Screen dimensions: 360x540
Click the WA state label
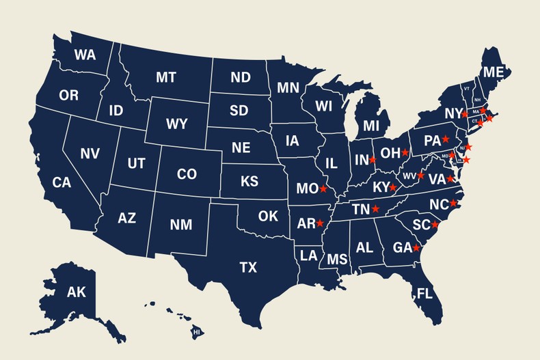point(85,55)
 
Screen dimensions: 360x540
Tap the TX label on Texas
point(248,267)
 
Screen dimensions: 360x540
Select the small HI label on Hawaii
point(197,331)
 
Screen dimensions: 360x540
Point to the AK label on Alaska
point(76,292)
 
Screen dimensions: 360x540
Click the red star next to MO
point(323,189)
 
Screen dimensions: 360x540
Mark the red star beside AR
point(320,223)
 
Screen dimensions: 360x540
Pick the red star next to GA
point(416,248)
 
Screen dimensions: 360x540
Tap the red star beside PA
point(446,139)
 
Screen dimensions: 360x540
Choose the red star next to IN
point(373,160)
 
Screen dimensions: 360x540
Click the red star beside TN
point(375,209)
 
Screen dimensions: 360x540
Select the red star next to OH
point(405,152)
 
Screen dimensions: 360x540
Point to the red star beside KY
point(392,187)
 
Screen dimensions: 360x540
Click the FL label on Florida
point(424,295)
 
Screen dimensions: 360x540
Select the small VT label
point(466,88)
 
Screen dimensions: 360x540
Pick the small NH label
point(477,100)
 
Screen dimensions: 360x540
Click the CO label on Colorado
point(187,174)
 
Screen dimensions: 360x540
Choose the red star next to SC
point(435,225)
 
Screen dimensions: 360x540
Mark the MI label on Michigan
point(371,126)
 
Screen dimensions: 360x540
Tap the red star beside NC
point(453,204)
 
